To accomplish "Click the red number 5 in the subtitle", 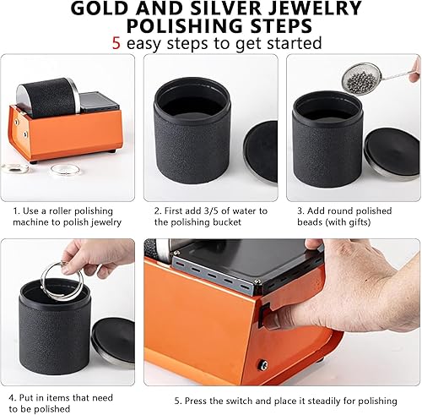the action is coord(116,43).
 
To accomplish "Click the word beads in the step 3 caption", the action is coord(310,222).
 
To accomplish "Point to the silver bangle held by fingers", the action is coord(62,281).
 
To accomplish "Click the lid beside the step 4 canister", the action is coord(113,342).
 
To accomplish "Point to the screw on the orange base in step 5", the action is coord(262,365).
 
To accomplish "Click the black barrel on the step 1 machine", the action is coord(47,97).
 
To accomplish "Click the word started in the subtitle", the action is coord(295,43).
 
